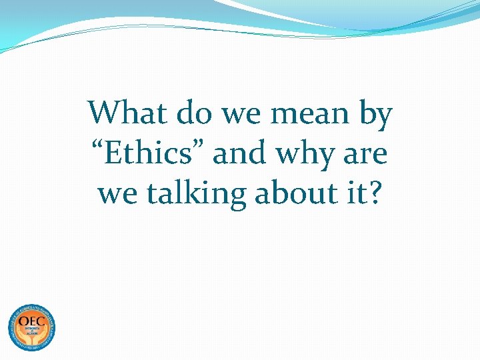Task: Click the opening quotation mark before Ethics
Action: (x=96, y=146)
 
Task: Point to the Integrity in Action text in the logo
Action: (x=31, y=332)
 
